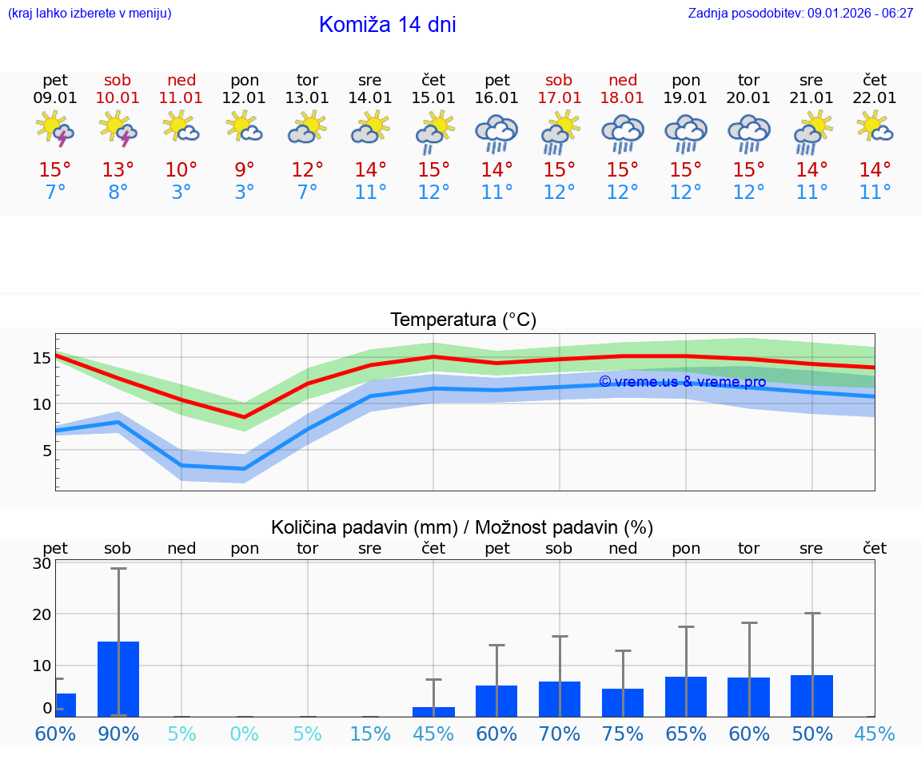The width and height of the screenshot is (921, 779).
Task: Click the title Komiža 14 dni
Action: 387,25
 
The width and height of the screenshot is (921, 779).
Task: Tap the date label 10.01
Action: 118,98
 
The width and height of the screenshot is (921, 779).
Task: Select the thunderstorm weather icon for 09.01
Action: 55,129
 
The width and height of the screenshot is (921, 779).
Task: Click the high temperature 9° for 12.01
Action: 244,170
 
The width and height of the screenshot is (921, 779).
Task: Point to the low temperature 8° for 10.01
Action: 118,193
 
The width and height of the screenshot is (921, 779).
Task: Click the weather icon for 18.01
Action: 623,132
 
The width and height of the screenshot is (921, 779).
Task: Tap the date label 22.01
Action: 875,98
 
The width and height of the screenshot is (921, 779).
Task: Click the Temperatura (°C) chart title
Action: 463,320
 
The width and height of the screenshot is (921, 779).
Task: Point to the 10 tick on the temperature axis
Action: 42,404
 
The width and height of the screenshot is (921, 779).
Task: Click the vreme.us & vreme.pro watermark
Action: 682,382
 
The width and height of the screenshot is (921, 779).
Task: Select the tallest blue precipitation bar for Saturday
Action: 118,678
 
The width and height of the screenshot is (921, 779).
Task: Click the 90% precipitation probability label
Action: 118,734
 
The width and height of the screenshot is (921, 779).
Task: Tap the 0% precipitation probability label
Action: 244,734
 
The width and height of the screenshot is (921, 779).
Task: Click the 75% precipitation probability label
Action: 622,734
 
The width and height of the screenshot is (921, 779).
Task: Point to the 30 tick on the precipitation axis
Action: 42,563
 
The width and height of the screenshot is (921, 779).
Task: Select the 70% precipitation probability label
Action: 559,734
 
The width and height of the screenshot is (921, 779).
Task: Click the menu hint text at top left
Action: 90,14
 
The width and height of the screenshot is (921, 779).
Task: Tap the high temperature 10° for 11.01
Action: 181,170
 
